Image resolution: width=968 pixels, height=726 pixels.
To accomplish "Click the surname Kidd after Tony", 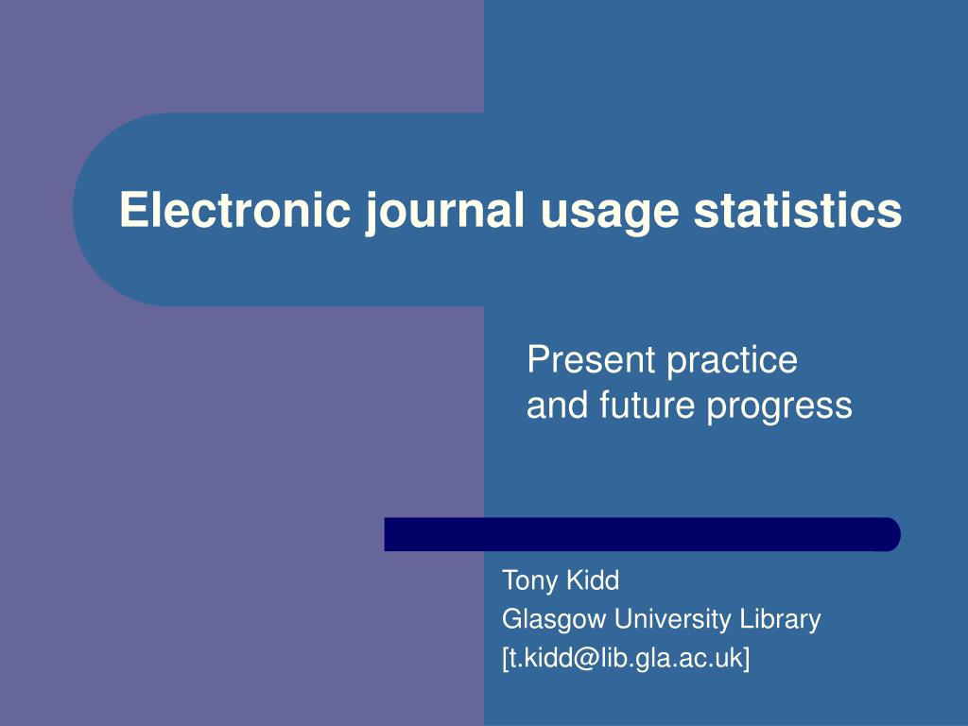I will (593, 579).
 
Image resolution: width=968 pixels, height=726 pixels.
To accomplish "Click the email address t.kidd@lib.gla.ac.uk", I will (626, 659).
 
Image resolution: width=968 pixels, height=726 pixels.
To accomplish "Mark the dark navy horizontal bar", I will (642, 534).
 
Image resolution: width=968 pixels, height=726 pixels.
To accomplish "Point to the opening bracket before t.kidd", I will (506, 659).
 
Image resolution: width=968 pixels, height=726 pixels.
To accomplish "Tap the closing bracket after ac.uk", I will (746, 659).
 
